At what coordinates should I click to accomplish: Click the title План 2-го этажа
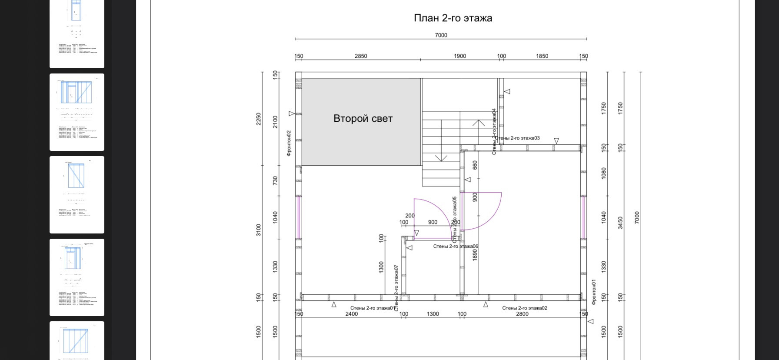coord(453,18)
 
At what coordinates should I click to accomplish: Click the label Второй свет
coord(363,119)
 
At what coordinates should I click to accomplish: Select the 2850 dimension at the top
coord(361,56)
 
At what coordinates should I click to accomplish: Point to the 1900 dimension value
coord(460,56)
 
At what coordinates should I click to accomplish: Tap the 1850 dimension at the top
coord(542,56)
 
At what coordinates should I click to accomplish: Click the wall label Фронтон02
coord(289,143)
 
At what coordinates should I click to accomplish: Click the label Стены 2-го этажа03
coord(517,138)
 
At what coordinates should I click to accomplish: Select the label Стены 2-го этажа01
coord(373,308)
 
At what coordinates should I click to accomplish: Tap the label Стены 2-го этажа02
coord(525,308)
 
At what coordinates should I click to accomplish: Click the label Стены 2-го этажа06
coord(456,247)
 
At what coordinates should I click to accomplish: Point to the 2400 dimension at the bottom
coord(352,314)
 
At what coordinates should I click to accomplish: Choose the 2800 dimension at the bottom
coord(522,314)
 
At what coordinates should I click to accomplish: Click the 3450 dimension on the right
coord(620,223)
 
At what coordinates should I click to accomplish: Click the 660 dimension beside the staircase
coord(475,165)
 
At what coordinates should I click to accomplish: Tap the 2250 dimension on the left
coord(259,119)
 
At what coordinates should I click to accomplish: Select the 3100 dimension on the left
coord(259,230)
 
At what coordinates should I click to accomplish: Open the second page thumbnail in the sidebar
coord(77,112)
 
